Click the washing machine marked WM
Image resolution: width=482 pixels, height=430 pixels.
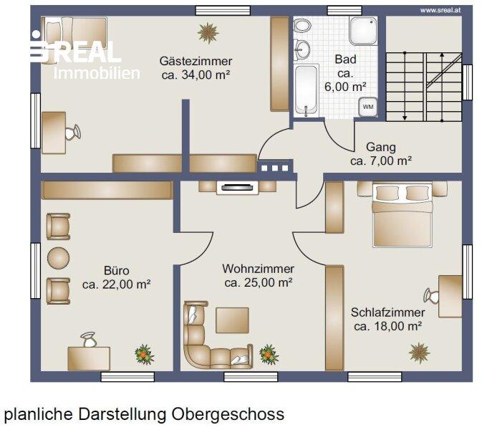pyautogui.click(x=368, y=107)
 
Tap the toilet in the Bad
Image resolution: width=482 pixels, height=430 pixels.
pyautogui.click(x=302, y=26)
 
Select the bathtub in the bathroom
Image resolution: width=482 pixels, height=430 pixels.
pyautogui.click(x=306, y=90)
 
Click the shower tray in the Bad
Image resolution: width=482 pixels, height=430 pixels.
pyautogui.click(x=363, y=30)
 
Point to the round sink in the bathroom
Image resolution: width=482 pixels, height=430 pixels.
pyautogui.click(x=302, y=50)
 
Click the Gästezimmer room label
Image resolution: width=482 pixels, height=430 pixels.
pyautogui.click(x=196, y=61)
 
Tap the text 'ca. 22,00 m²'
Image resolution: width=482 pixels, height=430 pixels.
pyautogui.click(x=116, y=285)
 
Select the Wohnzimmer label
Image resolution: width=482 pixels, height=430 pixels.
pyautogui.click(x=259, y=269)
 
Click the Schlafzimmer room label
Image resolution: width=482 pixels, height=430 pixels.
pyautogui.click(x=388, y=312)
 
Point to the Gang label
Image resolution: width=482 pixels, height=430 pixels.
pyautogui.click(x=381, y=147)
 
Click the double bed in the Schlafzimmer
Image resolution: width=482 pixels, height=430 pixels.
pyautogui.click(x=403, y=214)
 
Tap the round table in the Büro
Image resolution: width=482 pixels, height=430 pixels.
pyautogui.click(x=58, y=258)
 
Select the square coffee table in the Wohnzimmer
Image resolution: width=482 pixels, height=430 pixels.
pyautogui.click(x=232, y=320)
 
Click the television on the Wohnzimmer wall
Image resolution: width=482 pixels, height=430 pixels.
pyautogui.click(x=238, y=187)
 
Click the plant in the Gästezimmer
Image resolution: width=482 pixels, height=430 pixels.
pyautogui.click(x=208, y=32)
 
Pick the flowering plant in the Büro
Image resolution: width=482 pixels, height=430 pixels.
pyautogui.click(x=144, y=355)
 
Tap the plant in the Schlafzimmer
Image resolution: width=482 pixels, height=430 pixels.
pyautogui.click(x=419, y=353)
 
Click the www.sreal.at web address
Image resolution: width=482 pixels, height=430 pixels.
pyautogui.click(x=440, y=10)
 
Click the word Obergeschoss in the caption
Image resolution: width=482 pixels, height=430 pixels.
pyautogui.click(x=228, y=414)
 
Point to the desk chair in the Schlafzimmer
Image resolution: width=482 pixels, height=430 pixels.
pyautogui.click(x=431, y=296)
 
